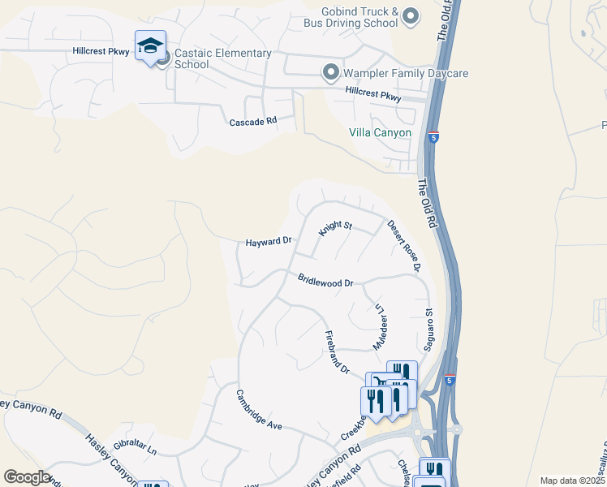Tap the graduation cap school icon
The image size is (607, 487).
click(x=150, y=47)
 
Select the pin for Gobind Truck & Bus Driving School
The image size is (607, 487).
click(x=411, y=16)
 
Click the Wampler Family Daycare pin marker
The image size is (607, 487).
click(x=330, y=73)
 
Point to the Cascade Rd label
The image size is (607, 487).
click(x=253, y=121)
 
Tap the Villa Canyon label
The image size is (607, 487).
click(x=380, y=132)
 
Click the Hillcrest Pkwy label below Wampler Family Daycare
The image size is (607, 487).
click(x=372, y=97)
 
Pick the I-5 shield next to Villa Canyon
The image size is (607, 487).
click(x=434, y=137)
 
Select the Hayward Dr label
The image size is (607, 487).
click(x=269, y=242)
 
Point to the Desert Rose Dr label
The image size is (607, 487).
click(x=404, y=245)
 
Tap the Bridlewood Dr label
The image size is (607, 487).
click(x=325, y=282)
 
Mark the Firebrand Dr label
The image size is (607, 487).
click(x=337, y=352)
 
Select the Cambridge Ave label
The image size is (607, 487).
click(x=259, y=410)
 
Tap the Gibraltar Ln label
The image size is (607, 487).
click(x=135, y=447)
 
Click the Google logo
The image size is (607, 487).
click(x=28, y=478)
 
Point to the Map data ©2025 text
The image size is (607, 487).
click(x=573, y=481)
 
